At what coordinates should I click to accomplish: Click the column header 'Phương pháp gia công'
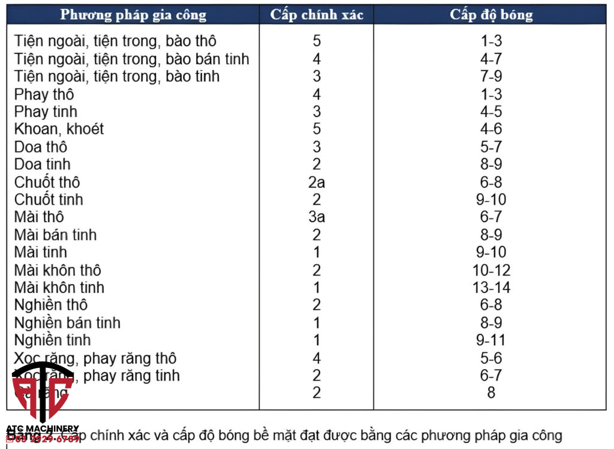pos(133,15)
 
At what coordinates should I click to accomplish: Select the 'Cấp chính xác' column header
pos(317,15)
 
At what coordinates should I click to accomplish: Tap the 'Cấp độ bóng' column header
pos(490,15)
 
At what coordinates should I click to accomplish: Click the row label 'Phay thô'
pos(44,94)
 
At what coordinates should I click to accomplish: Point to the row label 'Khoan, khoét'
pos(59,129)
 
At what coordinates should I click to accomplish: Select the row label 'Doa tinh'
pos(43,164)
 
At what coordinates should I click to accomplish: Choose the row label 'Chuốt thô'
pos(47,182)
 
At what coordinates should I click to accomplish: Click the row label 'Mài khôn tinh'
pos(59,288)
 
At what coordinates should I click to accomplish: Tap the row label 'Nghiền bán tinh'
pos(67,322)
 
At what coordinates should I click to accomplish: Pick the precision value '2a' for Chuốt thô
pos(317,182)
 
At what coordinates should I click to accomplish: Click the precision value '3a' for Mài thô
pos(317,217)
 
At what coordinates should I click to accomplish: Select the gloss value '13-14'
pos(491,288)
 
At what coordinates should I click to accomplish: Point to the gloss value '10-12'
pos(491,270)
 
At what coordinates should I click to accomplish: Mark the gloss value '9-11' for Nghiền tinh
pos(490,340)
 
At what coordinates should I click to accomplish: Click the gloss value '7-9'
pos(490,76)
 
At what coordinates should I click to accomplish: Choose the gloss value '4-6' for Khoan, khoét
pos(490,129)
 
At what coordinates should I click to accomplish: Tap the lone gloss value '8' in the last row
pos(491,393)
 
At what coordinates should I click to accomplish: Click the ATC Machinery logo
pos(42,396)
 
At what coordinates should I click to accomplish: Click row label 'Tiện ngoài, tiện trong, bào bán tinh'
pos(131,59)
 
